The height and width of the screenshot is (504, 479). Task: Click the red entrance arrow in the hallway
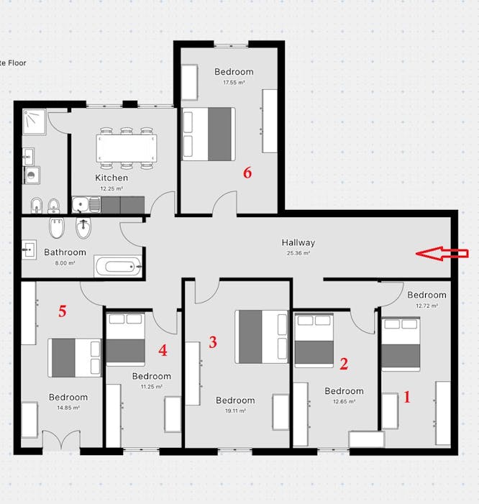[442, 253]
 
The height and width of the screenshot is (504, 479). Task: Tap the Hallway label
[298, 243]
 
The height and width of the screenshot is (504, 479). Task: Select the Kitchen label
[111, 178]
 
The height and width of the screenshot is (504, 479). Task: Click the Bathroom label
[65, 252]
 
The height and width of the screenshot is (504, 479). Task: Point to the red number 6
[247, 173]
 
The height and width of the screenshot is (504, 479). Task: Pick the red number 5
[63, 311]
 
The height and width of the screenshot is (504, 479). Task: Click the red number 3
[213, 342]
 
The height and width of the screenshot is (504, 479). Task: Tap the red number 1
[407, 396]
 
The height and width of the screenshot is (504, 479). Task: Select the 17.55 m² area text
[234, 83]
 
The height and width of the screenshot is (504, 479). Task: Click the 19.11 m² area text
[235, 411]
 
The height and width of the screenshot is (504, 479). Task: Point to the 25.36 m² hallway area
[298, 253]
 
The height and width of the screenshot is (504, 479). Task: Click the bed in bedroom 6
[209, 134]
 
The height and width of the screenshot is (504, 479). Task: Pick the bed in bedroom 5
[75, 357]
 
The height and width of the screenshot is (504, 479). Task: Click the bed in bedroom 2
[314, 340]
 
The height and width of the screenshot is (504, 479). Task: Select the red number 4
[163, 351]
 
